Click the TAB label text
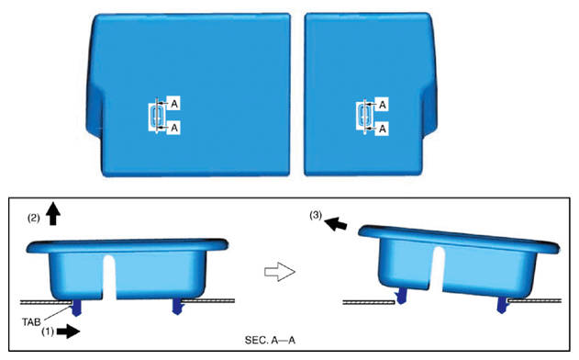[31, 322]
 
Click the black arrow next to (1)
[69, 332]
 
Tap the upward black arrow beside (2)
[54, 213]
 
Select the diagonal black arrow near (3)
[336, 223]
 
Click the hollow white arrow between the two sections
[280, 272]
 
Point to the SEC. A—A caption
[270, 340]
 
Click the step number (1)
[48, 332]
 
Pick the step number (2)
[34, 218]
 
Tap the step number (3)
[316, 215]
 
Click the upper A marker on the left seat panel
[174, 104]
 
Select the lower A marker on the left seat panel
[174, 128]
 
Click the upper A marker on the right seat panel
[383, 105]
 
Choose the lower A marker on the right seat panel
[383, 129]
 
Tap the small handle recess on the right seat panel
[364, 116]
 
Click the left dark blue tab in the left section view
[77, 308]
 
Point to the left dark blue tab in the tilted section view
[399, 297]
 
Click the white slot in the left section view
[110, 277]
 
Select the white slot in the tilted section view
[436, 269]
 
